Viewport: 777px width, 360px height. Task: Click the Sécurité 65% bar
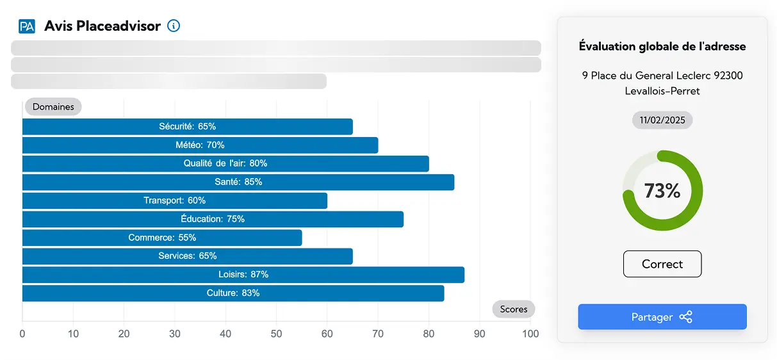[x=187, y=127]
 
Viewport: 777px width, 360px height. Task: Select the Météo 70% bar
[x=200, y=145]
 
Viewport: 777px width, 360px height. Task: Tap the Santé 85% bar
[x=238, y=182]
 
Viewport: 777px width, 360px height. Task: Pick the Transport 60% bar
[x=174, y=200]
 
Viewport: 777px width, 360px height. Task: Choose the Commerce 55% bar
[x=162, y=238]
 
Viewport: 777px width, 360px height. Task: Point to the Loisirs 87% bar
[x=243, y=275]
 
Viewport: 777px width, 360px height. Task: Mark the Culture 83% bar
[x=233, y=293]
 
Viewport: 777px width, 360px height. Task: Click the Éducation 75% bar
[x=213, y=219]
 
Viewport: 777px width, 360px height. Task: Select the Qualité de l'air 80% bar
[x=225, y=163]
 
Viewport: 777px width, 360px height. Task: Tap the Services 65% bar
[x=187, y=256]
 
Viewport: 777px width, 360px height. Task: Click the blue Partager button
[x=662, y=317]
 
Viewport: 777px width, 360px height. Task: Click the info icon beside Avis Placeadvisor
[x=174, y=26]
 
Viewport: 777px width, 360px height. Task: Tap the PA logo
[x=27, y=26]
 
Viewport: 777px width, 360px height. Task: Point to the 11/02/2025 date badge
[x=662, y=120]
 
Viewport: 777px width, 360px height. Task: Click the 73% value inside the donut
[x=662, y=191]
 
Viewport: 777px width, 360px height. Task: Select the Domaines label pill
[x=53, y=107]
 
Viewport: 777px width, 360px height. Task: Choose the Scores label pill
[x=514, y=309]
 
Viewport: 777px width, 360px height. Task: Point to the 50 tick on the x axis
[x=276, y=334]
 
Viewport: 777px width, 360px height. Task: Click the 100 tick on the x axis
[x=530, y=334]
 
